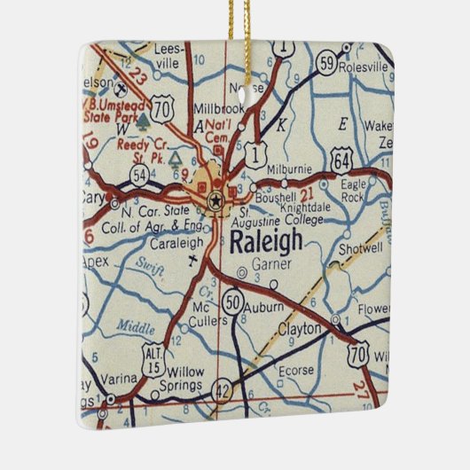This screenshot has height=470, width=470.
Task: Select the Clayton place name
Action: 299,329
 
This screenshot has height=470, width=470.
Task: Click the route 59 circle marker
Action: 327,65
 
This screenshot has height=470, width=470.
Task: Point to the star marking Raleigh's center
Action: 215,202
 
